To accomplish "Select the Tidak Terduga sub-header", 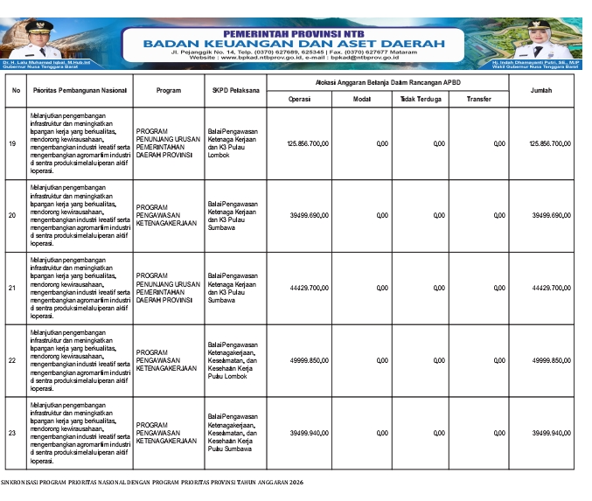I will click(421, 99).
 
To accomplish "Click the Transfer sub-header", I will click(478, 99).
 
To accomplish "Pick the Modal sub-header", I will click(361, 99).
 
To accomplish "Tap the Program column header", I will click(168, 90).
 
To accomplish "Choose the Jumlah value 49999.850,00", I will click(550, 359).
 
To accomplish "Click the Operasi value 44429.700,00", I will click(310, 287).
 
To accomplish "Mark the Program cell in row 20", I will click(166, 215).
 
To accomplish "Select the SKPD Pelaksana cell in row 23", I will click(232, 432).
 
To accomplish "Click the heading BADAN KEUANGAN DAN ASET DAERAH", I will click(293, 43).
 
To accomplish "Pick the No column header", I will click(16, 90).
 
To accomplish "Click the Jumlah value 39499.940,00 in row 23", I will click(550, 432).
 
